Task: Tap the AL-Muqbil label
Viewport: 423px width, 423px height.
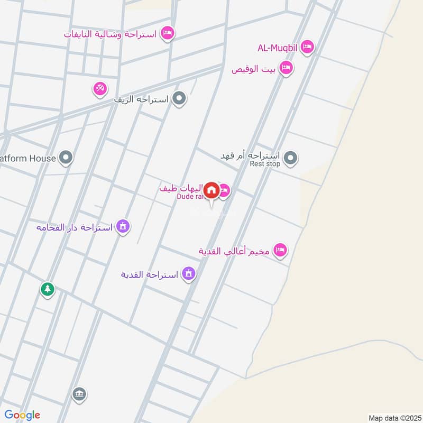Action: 278,48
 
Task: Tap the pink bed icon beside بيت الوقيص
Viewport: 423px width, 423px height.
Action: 286,68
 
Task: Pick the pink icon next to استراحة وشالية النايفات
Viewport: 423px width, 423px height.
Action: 168,33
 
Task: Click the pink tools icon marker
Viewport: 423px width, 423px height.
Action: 100,88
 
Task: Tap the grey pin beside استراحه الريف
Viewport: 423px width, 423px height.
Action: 180,98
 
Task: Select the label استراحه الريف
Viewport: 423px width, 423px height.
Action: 143,99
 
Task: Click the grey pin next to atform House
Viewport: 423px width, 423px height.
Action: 66,158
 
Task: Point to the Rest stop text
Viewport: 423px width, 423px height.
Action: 265,164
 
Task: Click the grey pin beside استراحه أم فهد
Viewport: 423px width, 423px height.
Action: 290,157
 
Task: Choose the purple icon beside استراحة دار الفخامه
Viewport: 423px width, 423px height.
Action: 123,226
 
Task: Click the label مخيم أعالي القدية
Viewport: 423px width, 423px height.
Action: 234,251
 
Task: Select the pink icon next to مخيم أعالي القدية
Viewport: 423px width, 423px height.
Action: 280,250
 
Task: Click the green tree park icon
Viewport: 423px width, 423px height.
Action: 48,289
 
